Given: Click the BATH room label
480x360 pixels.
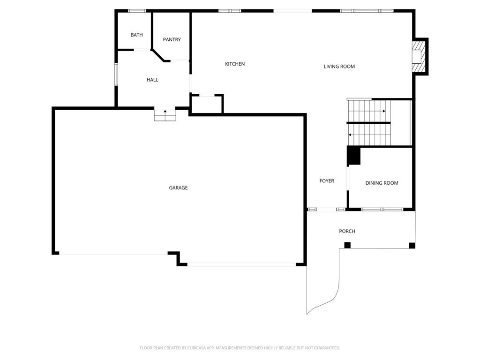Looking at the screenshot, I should [x=136, y=35].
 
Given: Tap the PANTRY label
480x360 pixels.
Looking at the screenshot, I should [x=172, y=40].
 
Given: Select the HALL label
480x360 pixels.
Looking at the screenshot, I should [x=152, y=80].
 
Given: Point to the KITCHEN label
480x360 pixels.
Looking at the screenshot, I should [x=235, y=64].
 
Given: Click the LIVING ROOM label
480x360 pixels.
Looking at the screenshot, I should [x=339, y=67].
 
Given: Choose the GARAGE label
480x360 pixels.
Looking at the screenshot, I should [x=178, y=188].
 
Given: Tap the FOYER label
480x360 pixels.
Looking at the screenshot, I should [x=327, y=181].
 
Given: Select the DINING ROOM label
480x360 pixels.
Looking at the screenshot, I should [x=382, y=183].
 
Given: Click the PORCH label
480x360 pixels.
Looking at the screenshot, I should [x=347, y=232].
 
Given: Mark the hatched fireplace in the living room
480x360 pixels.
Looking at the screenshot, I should [x=417, y=56].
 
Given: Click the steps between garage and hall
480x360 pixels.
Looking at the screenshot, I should [x=165, y=115].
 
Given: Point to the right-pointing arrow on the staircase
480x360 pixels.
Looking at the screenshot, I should [x=383, y=111].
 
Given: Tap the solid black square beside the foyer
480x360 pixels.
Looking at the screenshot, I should [x=353, y=156].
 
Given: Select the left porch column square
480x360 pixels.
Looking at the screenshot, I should [x=347, y=245].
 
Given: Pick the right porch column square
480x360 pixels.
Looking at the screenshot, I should [x=412, y=245].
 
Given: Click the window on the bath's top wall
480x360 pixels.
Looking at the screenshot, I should [x=137, y=11].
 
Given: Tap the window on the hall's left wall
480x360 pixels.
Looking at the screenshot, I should [x=116, y=75].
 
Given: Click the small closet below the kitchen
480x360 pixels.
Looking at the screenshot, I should [x=206, y=105].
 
